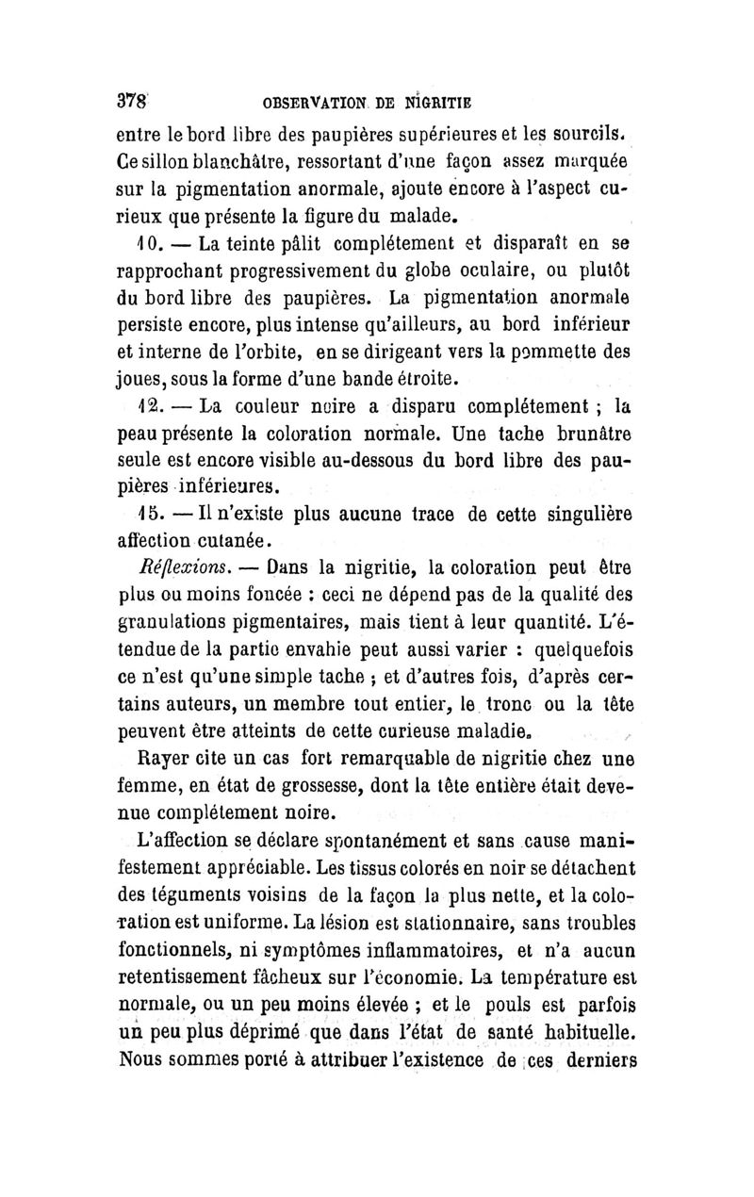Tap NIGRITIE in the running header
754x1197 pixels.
pyautogui.click(x=440, y=101)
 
